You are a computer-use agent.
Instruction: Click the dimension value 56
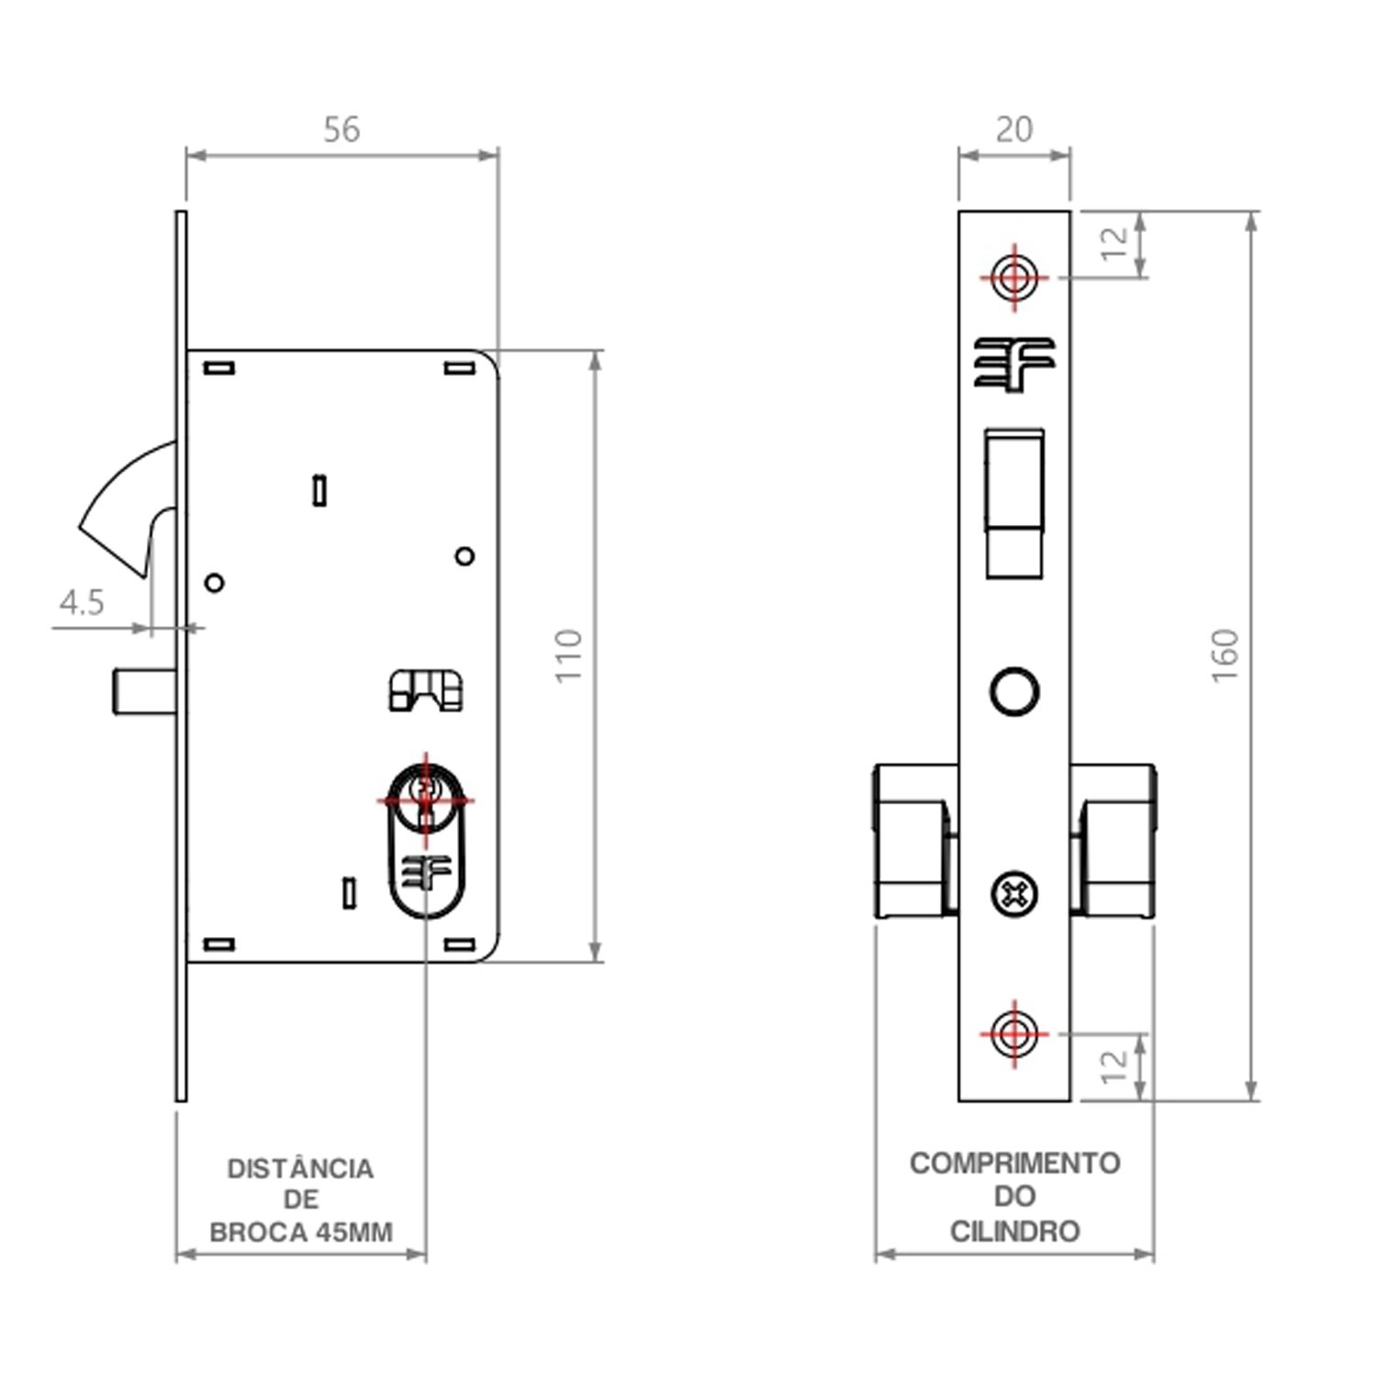(341, 129)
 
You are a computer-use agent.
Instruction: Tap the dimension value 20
(1014, 129)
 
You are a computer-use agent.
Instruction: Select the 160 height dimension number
(1226, 655)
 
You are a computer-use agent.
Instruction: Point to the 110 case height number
(569, 655)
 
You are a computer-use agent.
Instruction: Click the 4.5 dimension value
(82, 603)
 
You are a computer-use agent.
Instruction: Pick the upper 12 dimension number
(1114, 243)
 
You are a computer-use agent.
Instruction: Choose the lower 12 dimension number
(1114, 1065)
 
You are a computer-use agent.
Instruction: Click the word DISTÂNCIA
(300, 1169)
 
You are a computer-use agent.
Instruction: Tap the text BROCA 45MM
(301, 1232)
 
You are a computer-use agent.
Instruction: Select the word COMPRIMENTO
(1014, 1163)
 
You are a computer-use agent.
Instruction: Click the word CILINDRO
(1014, 1231)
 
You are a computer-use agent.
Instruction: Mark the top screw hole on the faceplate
(1014, 276)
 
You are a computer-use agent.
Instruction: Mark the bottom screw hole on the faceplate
(1014, 1034)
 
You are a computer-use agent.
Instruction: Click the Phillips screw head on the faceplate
(1014, 893)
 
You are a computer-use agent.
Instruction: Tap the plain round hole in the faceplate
(1014, 691)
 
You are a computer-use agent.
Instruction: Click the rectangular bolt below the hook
(145, 691)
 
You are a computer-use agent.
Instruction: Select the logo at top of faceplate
(1014, 364)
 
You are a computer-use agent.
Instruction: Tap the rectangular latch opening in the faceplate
(1014, 503)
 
